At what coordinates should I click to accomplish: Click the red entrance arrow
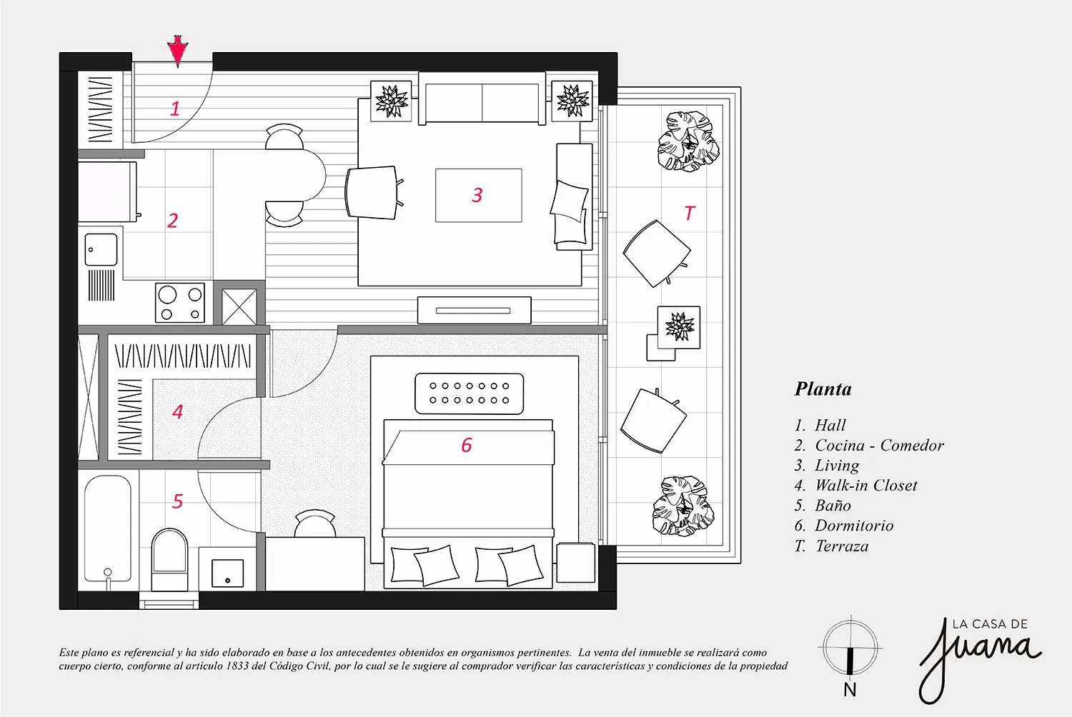click(x=177, y=51)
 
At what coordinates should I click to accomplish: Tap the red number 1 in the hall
click(x=175, y=109)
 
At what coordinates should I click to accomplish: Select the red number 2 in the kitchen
click(x=172, y=221)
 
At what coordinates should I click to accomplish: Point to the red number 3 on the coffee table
click(x=477, y=195)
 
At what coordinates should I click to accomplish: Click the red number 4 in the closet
click(x=177, y=411)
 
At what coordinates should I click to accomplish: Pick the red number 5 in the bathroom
click(x=177, y=501)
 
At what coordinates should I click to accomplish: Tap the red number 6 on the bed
click(x=467, y=446)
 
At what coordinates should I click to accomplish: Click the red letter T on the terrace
click(x=689, y=213)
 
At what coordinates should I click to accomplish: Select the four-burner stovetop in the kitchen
click(x=180, y=302)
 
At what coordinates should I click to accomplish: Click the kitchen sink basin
click(x=101, y=249)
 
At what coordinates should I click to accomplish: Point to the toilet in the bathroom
click(x=169, y=559)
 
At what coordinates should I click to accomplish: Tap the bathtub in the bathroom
click(x=108, y=528)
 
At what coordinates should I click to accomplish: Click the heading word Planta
click(x=823, y=389)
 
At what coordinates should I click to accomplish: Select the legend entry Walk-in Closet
click(x=866, y=486)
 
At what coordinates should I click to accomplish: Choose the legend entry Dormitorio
click(x=854, y=526)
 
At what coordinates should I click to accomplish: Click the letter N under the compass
click(x=850, y=690)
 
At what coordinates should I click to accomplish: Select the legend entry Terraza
click(x=842, y=546)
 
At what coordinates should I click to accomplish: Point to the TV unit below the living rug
click(x=474, y=311)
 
